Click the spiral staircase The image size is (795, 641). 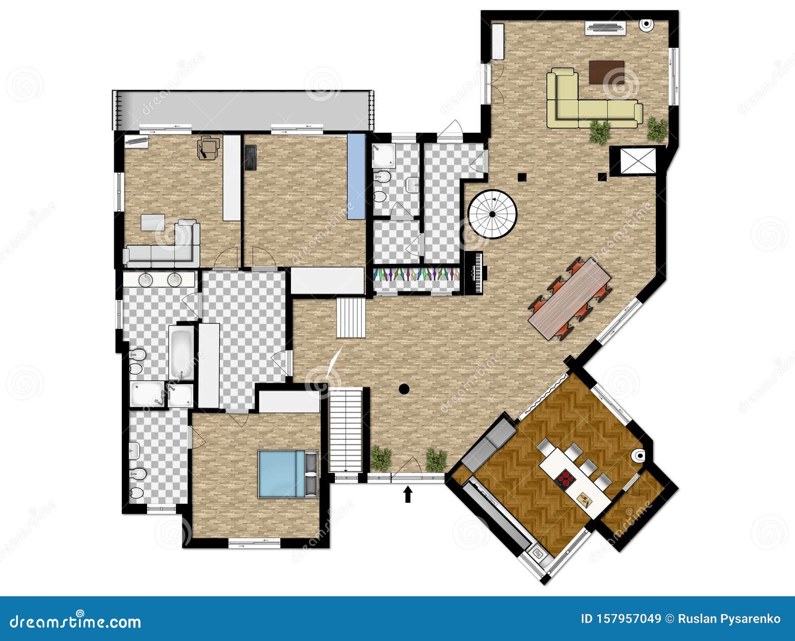(x=492, y=214)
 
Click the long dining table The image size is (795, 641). (x=569, y=299)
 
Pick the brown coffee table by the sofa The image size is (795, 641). (x=607, y=73)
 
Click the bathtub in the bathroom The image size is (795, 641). (x=181, y=351)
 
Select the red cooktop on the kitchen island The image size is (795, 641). (x=566, y=480)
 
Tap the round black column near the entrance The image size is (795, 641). (x=404, y=389)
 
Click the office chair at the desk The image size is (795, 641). (x=209, y=148)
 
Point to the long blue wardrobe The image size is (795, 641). (x=356, y=176)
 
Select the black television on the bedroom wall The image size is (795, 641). (x=250, y=158)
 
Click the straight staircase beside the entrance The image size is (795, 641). (x=346, y=430)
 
